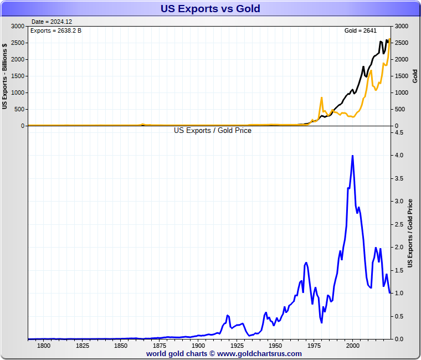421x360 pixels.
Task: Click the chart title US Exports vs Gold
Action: (210, 9)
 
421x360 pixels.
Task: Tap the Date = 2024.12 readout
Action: (52, 22)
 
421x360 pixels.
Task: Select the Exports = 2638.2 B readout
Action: (55, 30)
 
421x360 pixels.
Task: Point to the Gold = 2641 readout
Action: (361, 30)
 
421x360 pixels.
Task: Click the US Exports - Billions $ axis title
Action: (5, 76)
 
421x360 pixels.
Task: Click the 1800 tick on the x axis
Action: (44, 346)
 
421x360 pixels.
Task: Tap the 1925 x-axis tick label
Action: (237, 346)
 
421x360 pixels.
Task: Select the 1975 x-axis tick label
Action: (314, 346)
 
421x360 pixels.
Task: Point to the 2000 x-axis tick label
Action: (353, 346)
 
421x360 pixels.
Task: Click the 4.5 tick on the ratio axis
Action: (399, 133)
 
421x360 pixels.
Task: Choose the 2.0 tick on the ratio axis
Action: (399, 247)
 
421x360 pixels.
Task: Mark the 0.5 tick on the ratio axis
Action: (399, 316)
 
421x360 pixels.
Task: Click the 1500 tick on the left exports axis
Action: (18, 76)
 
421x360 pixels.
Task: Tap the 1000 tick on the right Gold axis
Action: (401, 92)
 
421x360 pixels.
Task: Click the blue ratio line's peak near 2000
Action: (352, 156)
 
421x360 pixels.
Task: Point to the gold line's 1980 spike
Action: (321, 98)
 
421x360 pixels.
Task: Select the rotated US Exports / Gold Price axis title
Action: (410, 234)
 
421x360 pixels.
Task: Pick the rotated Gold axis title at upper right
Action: (415, 76)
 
